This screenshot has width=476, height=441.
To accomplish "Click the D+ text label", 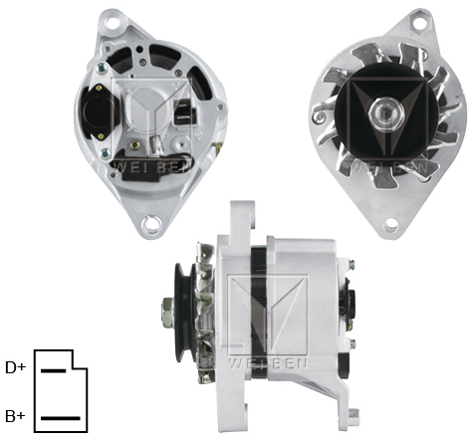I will click(x=15, y=367).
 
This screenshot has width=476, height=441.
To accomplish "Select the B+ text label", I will click(x=15, y=416).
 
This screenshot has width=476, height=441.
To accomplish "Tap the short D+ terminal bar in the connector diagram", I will click(x=53, y=369).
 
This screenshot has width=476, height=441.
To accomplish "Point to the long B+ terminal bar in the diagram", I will click(x=60, y=417).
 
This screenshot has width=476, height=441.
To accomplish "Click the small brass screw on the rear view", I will click(x=100, y=69).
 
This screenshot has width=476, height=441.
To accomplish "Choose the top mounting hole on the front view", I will click(x=424, y=22).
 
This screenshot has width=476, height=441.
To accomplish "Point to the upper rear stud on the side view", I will click(x=351, y=265).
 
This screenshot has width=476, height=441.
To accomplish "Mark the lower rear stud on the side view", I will click(x=351, y=343).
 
